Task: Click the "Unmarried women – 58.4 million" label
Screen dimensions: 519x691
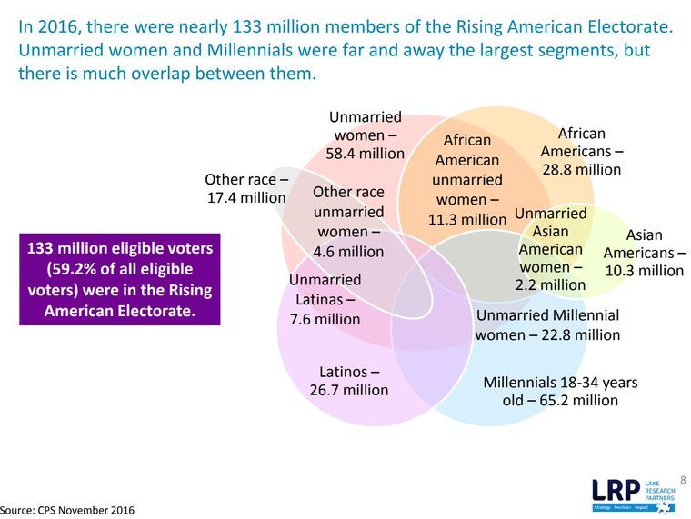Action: [365, 135]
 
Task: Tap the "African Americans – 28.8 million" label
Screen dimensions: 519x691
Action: [581, 152]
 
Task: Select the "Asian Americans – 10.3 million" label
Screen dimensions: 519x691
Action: [644, 253]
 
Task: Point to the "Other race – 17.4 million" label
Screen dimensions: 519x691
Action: [246, 188]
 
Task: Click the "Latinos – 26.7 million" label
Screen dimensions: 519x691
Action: [348, 381]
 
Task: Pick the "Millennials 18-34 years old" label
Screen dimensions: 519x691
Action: [559, 391]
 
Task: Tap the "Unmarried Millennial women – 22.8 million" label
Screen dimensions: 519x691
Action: [547, 324]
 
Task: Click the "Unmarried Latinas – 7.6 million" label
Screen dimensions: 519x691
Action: [325, 299]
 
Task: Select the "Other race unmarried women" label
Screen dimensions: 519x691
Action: [348, 221]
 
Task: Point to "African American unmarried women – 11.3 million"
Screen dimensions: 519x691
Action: [467, 179]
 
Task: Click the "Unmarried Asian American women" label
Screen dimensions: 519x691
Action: [551, 249]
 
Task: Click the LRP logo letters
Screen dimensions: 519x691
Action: [621, 489]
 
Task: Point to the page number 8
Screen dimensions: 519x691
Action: [683, 479]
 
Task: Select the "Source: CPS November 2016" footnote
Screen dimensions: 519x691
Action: [67, 510]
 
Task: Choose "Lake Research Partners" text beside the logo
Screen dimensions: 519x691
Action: [666, 487]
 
